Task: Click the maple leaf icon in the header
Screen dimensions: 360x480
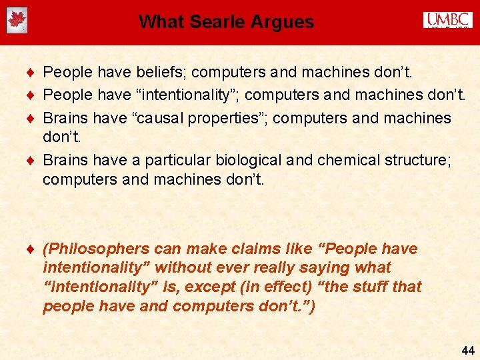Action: (17, 21)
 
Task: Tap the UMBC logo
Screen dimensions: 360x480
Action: (447, 20)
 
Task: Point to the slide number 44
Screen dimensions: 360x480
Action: (467, 350)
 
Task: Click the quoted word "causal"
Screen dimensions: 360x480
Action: (158, 118)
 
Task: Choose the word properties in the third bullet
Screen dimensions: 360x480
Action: (229, 118)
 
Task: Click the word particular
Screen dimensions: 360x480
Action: (175, 161)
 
